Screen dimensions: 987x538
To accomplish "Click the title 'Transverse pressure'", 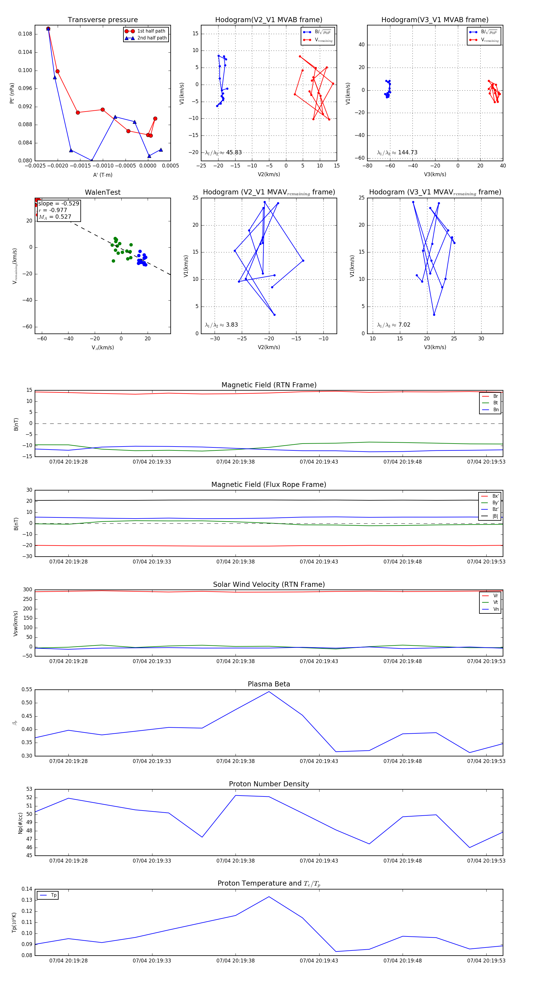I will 103,20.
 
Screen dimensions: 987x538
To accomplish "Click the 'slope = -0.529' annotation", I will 59,203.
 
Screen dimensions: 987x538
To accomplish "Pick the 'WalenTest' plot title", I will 103,192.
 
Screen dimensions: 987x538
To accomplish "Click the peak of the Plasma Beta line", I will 269,691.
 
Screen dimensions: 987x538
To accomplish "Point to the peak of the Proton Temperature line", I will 269,897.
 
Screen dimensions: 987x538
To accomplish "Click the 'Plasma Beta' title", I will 269,684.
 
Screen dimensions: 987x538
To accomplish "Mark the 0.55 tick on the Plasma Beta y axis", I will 27,690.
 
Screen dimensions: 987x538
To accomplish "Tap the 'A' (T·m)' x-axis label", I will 103,175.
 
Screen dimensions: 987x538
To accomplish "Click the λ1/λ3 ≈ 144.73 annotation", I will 397,153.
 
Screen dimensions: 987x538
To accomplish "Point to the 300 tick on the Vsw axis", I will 27,590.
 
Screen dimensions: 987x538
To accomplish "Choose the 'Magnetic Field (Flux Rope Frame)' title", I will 269,485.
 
